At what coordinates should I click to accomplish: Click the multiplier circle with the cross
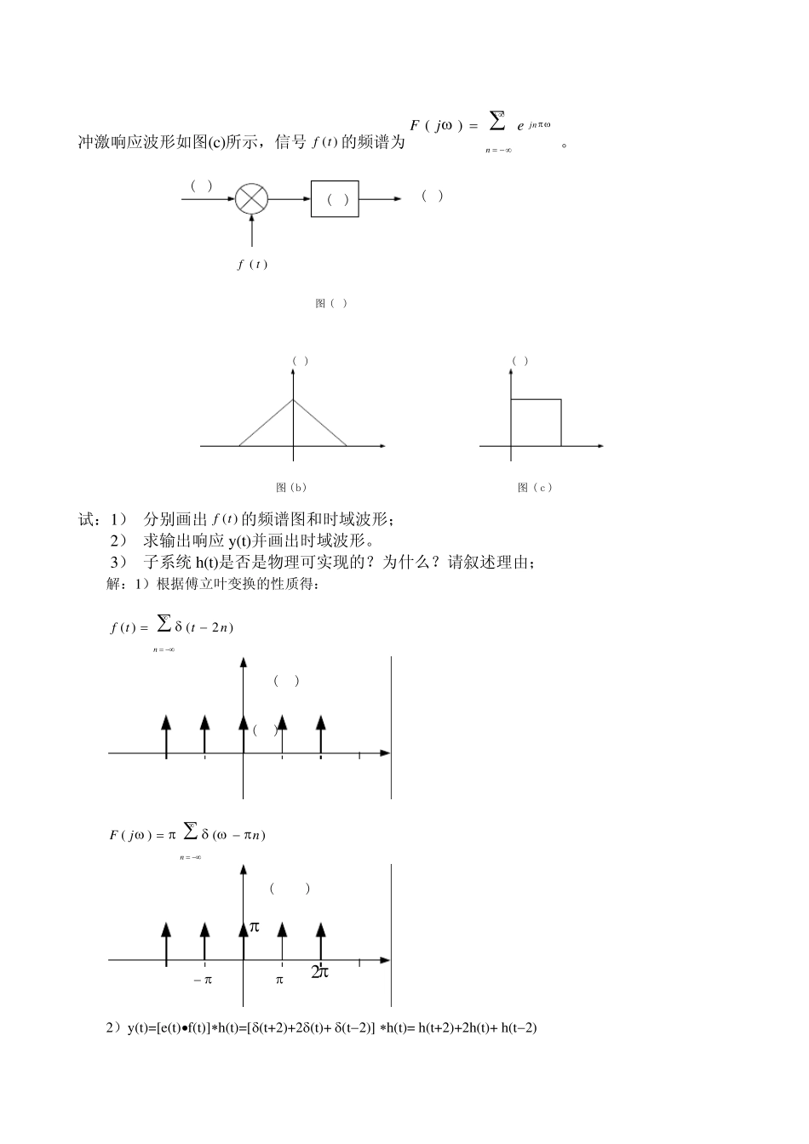(x=251, y=199)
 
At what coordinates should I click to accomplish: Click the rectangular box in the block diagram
(x=335, y=199)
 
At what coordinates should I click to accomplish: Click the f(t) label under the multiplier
(x=252, y=264)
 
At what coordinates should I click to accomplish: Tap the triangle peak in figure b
(x=293, y=399)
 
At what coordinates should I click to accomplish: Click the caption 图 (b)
(x=291, y=488)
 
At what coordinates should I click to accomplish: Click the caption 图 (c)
(x=535, y=488)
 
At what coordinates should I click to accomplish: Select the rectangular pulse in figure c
(x=536, y=421)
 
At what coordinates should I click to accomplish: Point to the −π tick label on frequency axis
(x=203, y=980)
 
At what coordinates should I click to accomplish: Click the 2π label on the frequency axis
(x=319, y=972)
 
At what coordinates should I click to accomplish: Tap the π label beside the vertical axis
(x=253, y=926)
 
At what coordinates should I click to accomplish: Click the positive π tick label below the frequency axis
(x=279, y=980)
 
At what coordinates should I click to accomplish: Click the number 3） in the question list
(x=118, y=562)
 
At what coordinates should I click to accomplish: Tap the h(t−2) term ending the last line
(x=519, y=1027)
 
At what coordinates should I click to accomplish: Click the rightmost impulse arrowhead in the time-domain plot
(x=321, y=722)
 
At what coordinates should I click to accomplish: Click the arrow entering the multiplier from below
(x=251, y=230)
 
